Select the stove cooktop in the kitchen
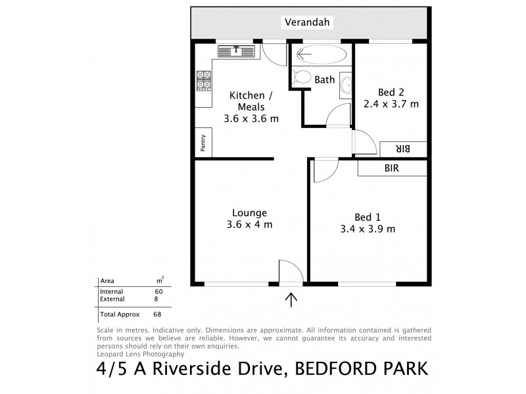(x=203, y=81)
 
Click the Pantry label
(x=203, y=143)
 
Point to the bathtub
(x=321, y=55)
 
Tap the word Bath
(x=325, y=80)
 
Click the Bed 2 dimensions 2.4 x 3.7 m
(x=391, y=103)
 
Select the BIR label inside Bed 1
(x=392, y=168)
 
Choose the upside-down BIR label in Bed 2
(x=403, y=149)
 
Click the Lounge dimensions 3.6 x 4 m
(x=249, y=225)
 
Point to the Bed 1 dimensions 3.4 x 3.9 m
(x=368, y=229)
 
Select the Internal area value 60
(x=158, y=292)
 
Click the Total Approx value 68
(x=158, y=315)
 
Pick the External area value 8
(x=156, y=299)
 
